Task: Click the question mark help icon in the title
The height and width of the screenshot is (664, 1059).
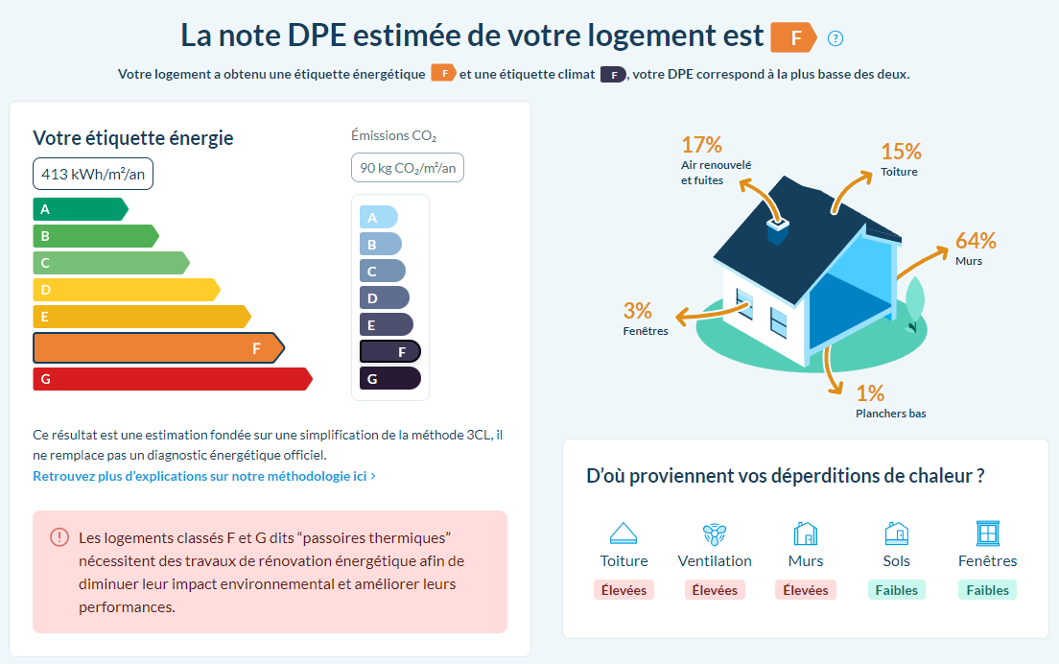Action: coord(835,38)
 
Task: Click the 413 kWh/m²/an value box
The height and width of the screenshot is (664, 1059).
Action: coord(93,174)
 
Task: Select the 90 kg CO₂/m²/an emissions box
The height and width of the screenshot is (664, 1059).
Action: coord(408,168)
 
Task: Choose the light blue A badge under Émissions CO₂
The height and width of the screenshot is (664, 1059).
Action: coord(378,218)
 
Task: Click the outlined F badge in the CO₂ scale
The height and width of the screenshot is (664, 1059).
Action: coord(390,352)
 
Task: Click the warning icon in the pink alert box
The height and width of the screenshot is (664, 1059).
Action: coord(59,537)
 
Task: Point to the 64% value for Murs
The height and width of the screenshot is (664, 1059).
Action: coord(976,241)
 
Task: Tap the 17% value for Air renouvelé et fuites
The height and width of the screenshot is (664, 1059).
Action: coord(701,145)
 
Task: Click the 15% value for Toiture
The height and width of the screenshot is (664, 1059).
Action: coord(901,152)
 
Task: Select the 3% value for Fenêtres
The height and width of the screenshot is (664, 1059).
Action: coord(637,311)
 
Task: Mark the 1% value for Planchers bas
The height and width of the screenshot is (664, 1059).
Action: coord(870,393)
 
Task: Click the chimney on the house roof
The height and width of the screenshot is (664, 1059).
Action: coord(778,229)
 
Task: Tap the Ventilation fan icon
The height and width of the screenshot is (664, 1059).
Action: coord(715,534)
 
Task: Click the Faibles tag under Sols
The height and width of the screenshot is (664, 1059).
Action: coord(897,590)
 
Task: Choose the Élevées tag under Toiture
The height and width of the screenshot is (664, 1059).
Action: coord(624,590)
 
